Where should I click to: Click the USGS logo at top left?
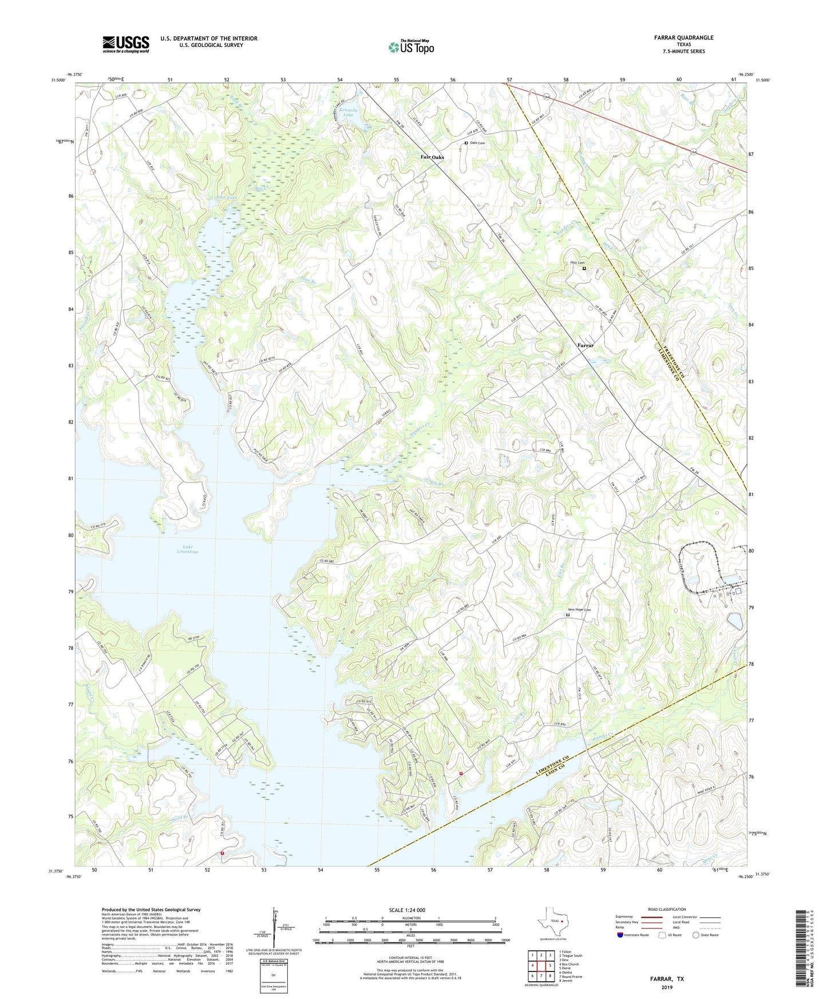tap(126, 44)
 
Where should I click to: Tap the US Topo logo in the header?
tap(411, 47)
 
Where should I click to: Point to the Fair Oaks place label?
tap(432, 157)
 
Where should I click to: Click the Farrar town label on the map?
tap(585, 346)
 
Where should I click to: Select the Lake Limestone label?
tap(187, 548)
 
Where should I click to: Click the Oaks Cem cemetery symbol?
tap(466, 143)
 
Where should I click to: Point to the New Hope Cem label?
tap(579, 610)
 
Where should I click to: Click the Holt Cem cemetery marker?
tap(584, 268)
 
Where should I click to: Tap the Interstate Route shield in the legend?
tap(621, 935)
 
